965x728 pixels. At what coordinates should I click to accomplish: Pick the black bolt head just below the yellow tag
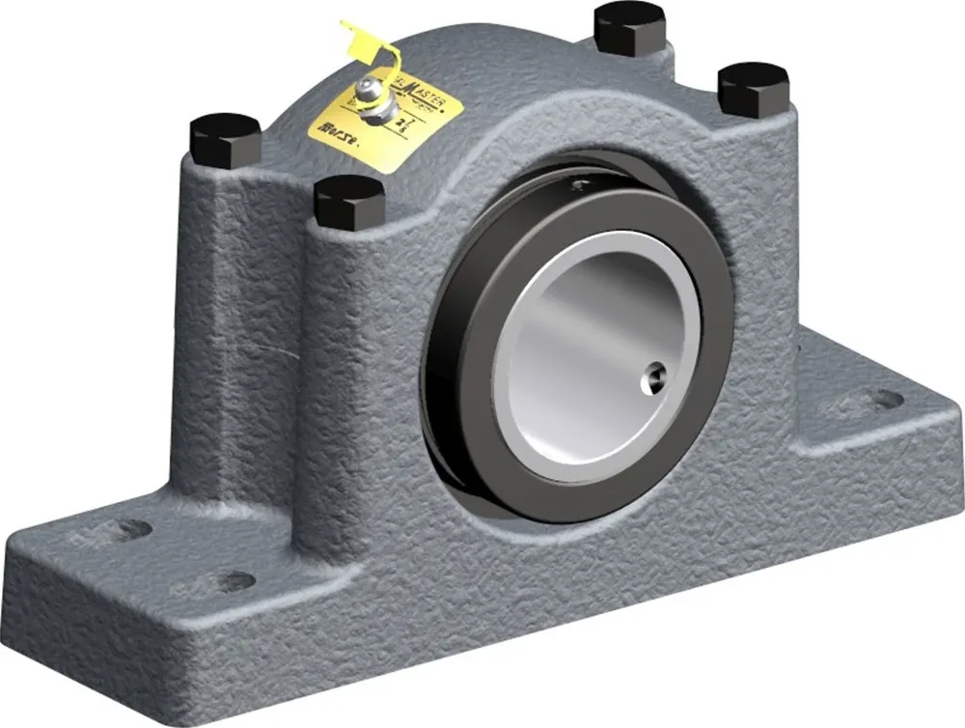pyautogui.click(x=349, y=200)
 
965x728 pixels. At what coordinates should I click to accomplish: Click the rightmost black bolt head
pyautogui.click(x=754, y=87)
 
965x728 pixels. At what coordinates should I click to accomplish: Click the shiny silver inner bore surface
pyautogui.click(x=579, y=348)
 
